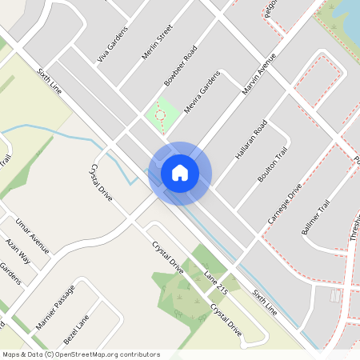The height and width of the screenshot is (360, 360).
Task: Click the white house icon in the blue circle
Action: click(x=180, y=173)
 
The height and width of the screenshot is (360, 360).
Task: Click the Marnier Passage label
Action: click(x=58, y=304)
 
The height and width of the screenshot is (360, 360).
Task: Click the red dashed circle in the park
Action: click(x=160, y=115)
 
